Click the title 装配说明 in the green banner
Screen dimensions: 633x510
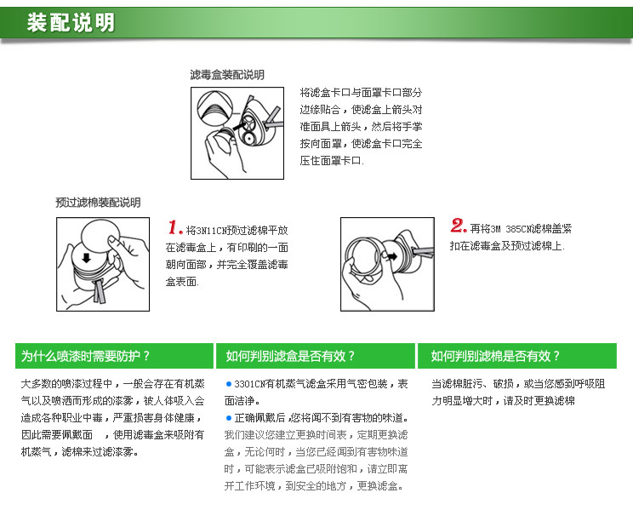pos(71,22)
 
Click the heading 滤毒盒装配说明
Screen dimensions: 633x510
pos(227,75)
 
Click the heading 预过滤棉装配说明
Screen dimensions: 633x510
pos(98,203)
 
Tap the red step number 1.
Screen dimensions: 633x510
pos(175,227)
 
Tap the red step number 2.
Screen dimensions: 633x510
pos(459,226)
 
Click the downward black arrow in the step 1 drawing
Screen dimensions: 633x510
pos(87,257)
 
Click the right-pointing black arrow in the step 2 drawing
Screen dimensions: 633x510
pos(391,256)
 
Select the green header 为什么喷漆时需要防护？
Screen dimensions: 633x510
pos(85,356)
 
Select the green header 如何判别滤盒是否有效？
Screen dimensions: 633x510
pos(290,356)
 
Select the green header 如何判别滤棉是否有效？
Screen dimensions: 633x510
pos(495,356)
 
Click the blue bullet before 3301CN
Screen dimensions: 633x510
pos(229,384)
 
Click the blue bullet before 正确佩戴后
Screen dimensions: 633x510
pos(229,418)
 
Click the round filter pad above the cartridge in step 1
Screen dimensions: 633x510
pos(100,238)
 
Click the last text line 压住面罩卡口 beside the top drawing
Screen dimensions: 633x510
pos(332,161)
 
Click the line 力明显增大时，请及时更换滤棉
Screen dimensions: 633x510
pos(503,401)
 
